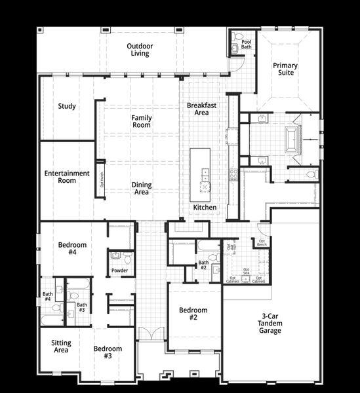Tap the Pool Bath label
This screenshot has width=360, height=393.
[x=246, y=44]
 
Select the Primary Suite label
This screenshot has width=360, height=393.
[x=285, y=69]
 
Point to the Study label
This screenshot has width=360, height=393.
[x=67, y=106]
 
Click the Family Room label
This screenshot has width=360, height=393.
[x=142, y=121]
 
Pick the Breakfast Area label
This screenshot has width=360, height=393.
[x=201, y=109]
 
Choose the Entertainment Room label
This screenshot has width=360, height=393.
[x=67, y=177]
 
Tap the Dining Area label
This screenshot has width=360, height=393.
[x=142, y=189]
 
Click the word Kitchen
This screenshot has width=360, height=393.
[x=205, y=208]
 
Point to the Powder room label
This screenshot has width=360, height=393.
[x=119, y=270]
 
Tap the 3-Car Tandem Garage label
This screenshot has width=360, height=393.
[x=270, y=324]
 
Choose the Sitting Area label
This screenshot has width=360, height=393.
[x=61, y=346]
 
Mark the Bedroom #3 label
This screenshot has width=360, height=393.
[x=107, y=352]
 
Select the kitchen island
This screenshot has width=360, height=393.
[x=201, y=175]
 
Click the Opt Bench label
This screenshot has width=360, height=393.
[x=262, y=242]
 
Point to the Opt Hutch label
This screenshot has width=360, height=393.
[x=102, y=179]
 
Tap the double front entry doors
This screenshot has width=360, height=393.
[x=149, y=333]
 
